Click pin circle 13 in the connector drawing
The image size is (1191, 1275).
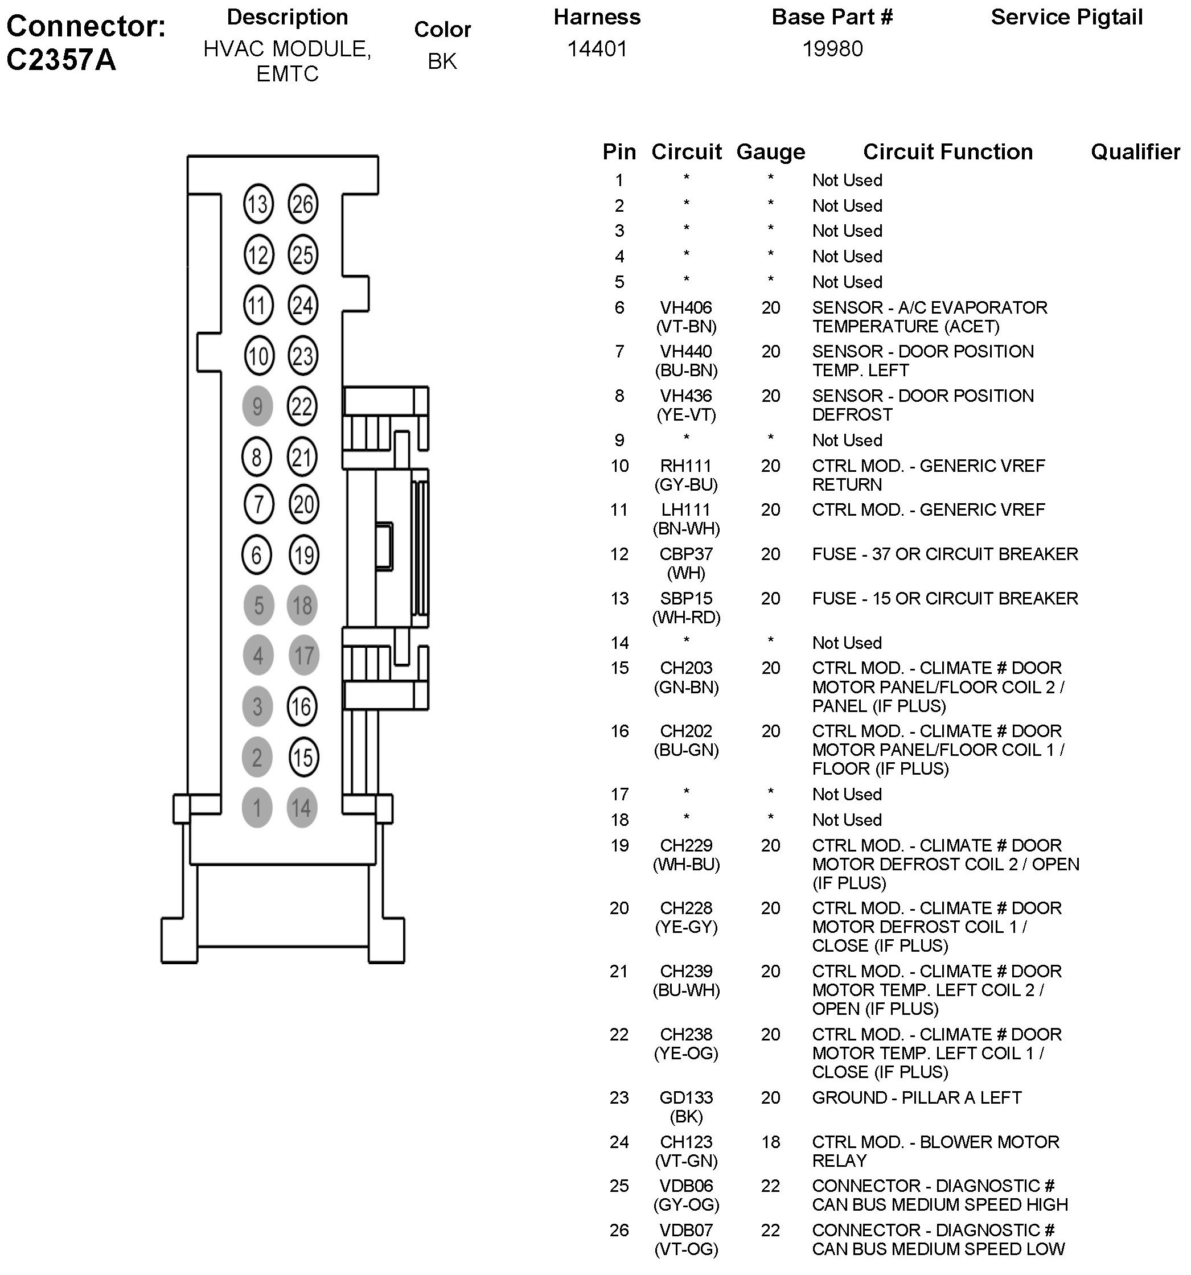click(258, 204)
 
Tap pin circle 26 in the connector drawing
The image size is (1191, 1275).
click(303, 204)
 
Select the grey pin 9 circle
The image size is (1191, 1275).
click(257, 406)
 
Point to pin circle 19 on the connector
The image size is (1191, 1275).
click(303, 555)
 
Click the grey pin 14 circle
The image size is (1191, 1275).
click(301, 808)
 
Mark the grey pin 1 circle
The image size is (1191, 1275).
click(257, 808)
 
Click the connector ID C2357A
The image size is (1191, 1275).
click(61, 60)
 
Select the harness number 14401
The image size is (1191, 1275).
click(597, 49)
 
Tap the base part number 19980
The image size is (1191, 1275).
click(832, 49)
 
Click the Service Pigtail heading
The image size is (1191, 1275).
click(1066, 17)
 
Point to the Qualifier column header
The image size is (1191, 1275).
click(1135, 152)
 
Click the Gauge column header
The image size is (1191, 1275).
click(770, 152)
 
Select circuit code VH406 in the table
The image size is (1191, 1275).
click(686, 308)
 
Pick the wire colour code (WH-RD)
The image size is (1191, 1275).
click(686, 618)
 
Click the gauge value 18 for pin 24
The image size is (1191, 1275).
click(770, 1142)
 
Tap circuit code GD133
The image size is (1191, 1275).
click(686, 1098)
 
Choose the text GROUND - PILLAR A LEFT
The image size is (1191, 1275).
click(916, 1098)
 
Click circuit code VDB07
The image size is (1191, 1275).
click(686, 1231)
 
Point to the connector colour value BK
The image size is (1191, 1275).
click(442, 61)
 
